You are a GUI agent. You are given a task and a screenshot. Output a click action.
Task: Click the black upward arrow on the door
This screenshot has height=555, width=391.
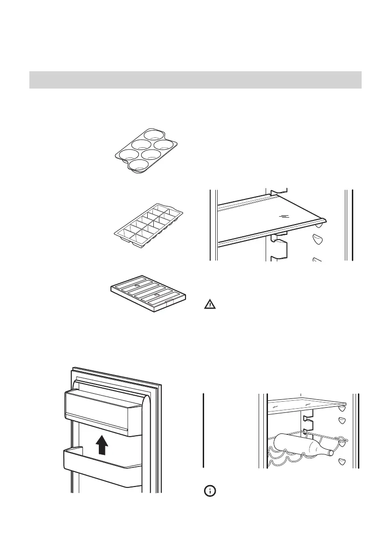(x=102, y=445)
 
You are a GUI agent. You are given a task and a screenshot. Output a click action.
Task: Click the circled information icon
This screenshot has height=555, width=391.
(x=210, y=491)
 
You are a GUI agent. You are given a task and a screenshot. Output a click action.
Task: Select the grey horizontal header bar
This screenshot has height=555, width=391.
(x=195, y=80)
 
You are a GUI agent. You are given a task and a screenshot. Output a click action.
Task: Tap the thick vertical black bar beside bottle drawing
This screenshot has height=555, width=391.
(x=204, y=430)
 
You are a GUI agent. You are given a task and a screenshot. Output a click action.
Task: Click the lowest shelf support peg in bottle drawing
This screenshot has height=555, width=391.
(x=342, y=461)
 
